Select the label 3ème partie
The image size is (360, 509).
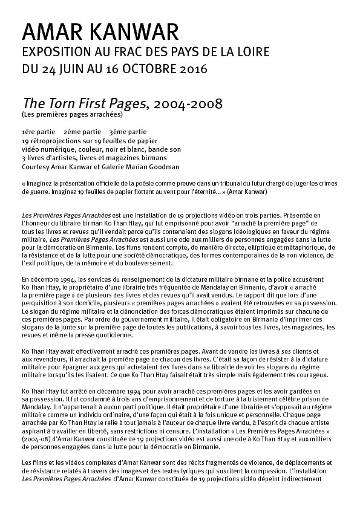pos(128,131)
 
